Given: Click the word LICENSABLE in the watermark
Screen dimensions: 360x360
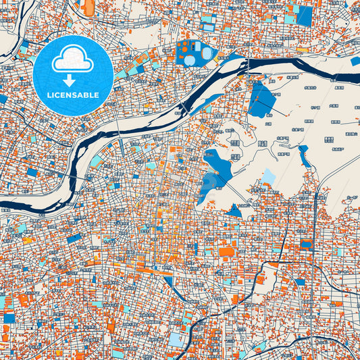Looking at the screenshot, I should (x=73, y=95).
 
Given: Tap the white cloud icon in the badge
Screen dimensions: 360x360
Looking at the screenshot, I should (x=73, y=61).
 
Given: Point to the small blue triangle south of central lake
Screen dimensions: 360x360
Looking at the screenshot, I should (x=234, y=210).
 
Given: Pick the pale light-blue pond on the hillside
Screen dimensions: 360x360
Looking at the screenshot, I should (x=269, y=178).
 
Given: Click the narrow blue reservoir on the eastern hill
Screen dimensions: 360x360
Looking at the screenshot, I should (x=304, y=157).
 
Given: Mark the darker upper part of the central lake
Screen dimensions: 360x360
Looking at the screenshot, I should (x=217, y=161).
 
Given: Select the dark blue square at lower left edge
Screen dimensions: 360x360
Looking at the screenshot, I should (x=8, y=317).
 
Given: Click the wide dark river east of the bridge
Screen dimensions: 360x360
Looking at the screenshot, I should (x=304, y=68).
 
